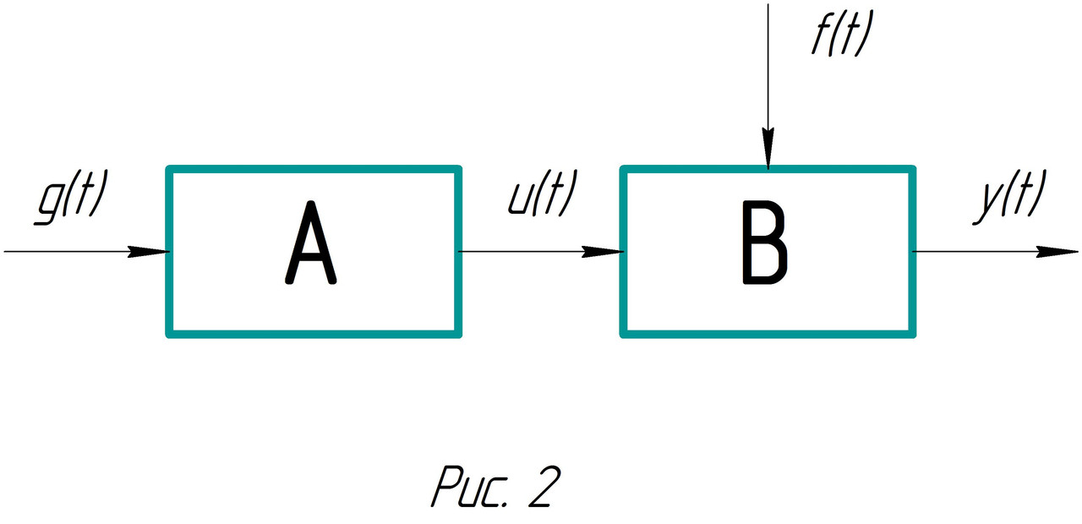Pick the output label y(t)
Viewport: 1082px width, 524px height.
click(1009, 198)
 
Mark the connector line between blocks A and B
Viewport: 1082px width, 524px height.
click(524, 251)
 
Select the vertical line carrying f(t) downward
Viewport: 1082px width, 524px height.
click(768, 68)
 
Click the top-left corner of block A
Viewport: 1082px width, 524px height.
click(169, 169)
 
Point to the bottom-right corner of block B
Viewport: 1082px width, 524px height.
click(914, 335)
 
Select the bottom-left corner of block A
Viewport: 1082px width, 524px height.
click(169, 335)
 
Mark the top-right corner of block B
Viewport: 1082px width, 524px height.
click(914, 169)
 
